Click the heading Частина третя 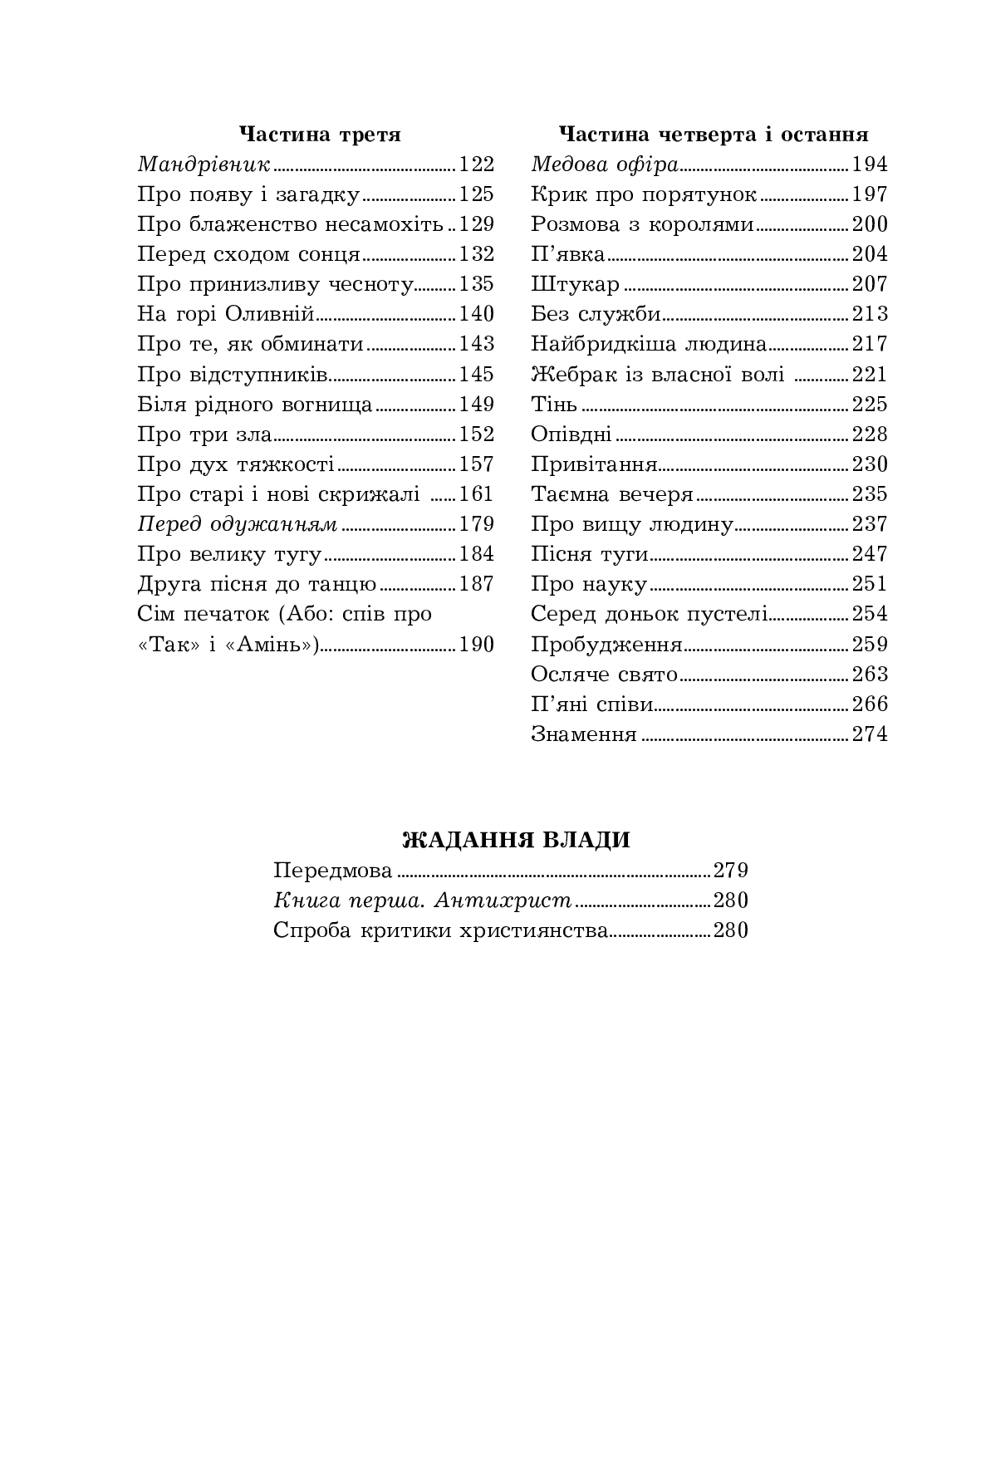pyautogui.click(x=320, y=135)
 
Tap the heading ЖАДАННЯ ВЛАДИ pyautogui.click(x=516, y=840)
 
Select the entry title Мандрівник pyautogui.click(x=204, y=164)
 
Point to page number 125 pyautogui.click(x=476, y=194)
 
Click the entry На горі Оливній pyautogui.click(x=225, y=314)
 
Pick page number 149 pyautogui.click(x=476, y=405)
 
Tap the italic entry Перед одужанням pyautogui.click(x=238, y=524)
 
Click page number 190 pyautogui.click(x=476, y=645)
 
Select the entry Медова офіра pyautogui.click(x=605, y=164)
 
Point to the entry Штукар pyautogui.click(x=575, y=284)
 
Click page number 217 pyautogui.click(x=870, y=344)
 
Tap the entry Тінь pyautogui.click(x=554, y=405)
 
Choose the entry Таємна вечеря pyautogui.click(x=612, y=494)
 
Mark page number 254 pyautogui.click(x=870, y=614)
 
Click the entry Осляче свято pyautogui.click(x=605, y=675)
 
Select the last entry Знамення pyautogui.click(x=584, y=734)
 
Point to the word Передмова pyautogui.click(x=333, y=871)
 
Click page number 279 pyautogui.click(x=731, y=871)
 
